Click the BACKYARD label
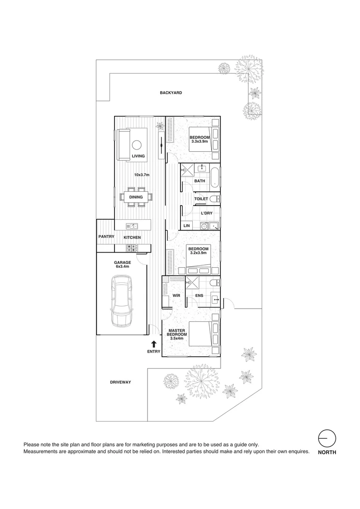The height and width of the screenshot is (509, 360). point(171,93)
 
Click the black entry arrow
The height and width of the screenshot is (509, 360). point(154,344)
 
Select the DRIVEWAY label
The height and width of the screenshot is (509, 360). point(120,382)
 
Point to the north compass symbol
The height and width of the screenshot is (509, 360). point(327,439)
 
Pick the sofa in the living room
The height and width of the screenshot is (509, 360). point(123,145)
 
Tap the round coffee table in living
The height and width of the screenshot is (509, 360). point(138,145)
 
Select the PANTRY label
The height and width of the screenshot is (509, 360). point(106,237)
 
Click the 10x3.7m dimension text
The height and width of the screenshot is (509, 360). point(141,175)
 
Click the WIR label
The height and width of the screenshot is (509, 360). point(177,296)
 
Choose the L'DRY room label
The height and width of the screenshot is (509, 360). point(207,213)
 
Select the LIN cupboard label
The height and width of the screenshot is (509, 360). point(186,226)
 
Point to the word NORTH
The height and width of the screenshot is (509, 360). point(327,452)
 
